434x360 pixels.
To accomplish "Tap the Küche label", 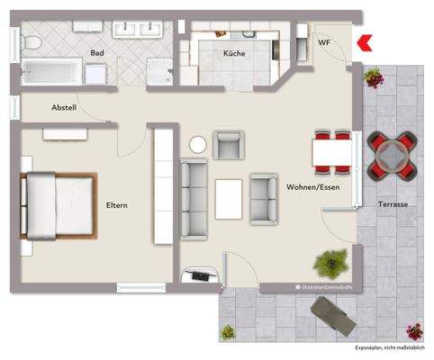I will (x=234, y=53).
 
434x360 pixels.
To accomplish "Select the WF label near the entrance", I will (x=324, y=41).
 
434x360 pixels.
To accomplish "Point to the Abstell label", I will (x=65, y=108).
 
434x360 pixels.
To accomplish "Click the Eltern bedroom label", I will (x=116, y=205).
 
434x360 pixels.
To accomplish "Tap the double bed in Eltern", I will (x=58, y=206).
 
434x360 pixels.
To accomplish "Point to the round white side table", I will (x=198, y=144).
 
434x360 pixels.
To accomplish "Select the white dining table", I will (x=332, y=151).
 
